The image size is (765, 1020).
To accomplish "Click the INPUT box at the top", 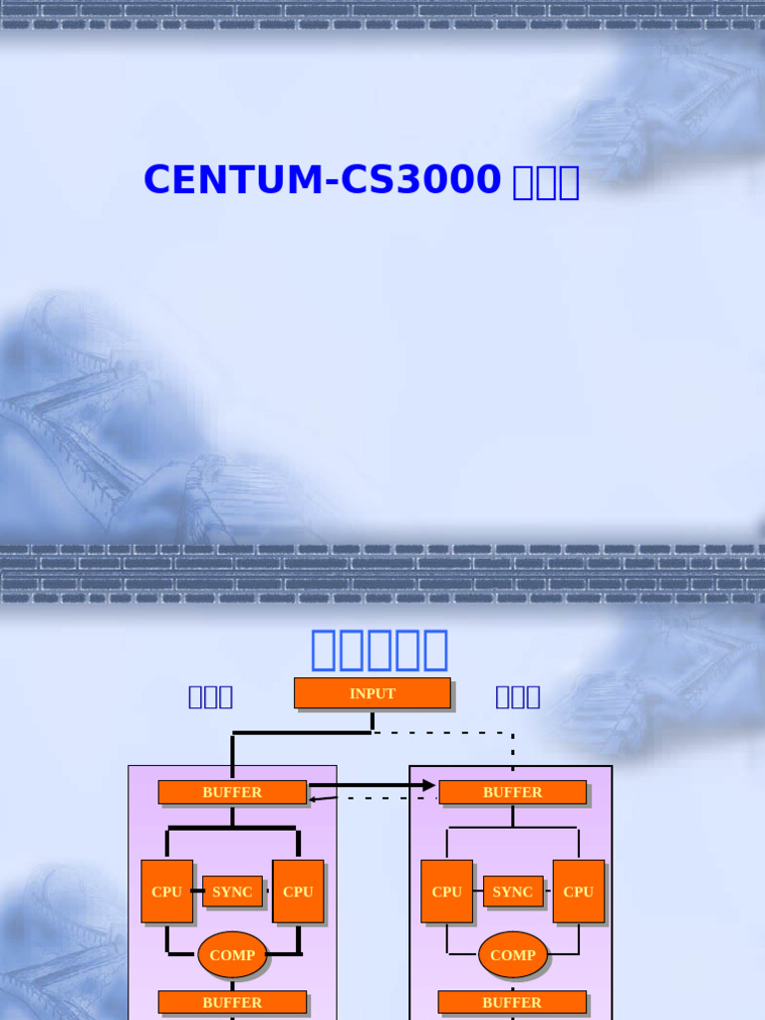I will click(x=372, y=693).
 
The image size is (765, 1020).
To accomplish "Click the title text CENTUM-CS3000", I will click(x=322, y=180).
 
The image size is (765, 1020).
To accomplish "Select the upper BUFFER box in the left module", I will click(x=232, y=792).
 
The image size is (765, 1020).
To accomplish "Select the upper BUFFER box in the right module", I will click(x=512, y=792).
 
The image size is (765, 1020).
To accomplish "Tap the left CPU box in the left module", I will click(x=166, y=892).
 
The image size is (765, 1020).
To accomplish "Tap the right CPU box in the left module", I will click(x=298, y=892).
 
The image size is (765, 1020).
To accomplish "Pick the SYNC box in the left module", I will click(x=232, y=892).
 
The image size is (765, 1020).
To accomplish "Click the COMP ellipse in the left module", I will click(x=232, y=954).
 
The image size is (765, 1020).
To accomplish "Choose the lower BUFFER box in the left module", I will click(x=232, y=1002).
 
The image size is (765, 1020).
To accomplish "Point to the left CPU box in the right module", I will click(x=446, y=892).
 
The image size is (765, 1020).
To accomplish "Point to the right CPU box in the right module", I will click(x=578, y=892).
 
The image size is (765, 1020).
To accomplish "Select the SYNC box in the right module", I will click(x=513, y=892).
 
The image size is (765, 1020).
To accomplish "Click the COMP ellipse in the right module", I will click(x=513, y=954).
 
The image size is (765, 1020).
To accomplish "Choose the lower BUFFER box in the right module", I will click(x=512, y=1002).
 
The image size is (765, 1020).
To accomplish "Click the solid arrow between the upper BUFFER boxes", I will click(x=374, y=786).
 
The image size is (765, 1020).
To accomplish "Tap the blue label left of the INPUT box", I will click(x=210, y=696).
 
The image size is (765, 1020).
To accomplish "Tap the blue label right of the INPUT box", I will click(x=518, y=696).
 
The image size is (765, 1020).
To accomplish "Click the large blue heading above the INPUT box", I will click(x=380, y=649).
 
